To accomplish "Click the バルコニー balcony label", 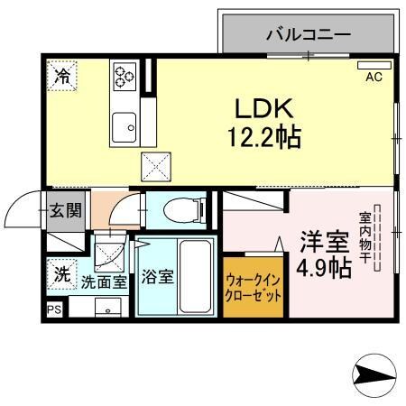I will [x=308, y=36].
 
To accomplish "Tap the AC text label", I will [x=374, y=78].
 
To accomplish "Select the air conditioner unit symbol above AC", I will [x=374, y=67].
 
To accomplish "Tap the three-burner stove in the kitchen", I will [x=123, y=74].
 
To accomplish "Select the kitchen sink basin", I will [x=124, y=126].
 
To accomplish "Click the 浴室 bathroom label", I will [x=157, y=277].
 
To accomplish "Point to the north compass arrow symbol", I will [x=374, y=374].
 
